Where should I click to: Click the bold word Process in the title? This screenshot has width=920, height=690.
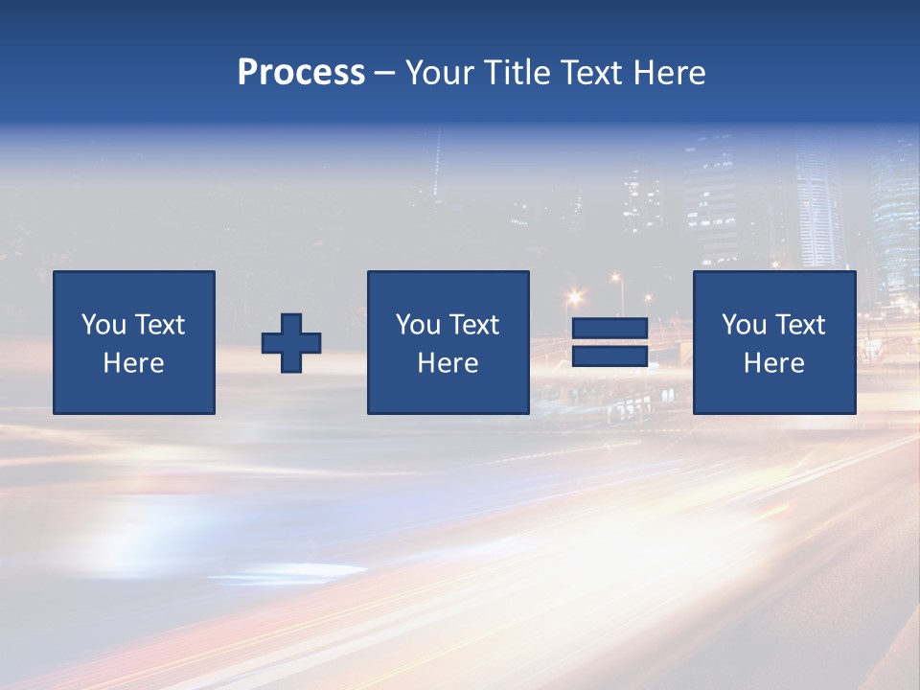pos(301,73)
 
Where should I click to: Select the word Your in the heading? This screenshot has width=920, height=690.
pos(442,73)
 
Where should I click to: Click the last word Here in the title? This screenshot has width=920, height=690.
pos(670,73)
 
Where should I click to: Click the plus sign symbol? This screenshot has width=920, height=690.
pos(291,343)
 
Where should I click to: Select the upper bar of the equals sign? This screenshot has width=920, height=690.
pos(609,329)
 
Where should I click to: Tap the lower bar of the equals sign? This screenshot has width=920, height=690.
pos(609,356)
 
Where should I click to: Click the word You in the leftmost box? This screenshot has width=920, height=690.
pos(103,325)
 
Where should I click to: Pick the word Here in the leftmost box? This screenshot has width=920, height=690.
pos(133,363)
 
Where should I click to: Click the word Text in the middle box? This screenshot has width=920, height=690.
pos(473,325)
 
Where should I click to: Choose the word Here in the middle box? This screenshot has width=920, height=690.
pos(448,363)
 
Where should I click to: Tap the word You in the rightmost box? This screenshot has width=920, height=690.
pos(743,325)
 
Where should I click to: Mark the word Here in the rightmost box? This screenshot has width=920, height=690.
pos(773,363)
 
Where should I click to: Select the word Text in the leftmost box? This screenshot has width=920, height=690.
pos(159,325)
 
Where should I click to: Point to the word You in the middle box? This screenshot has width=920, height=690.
pos(417,325)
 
